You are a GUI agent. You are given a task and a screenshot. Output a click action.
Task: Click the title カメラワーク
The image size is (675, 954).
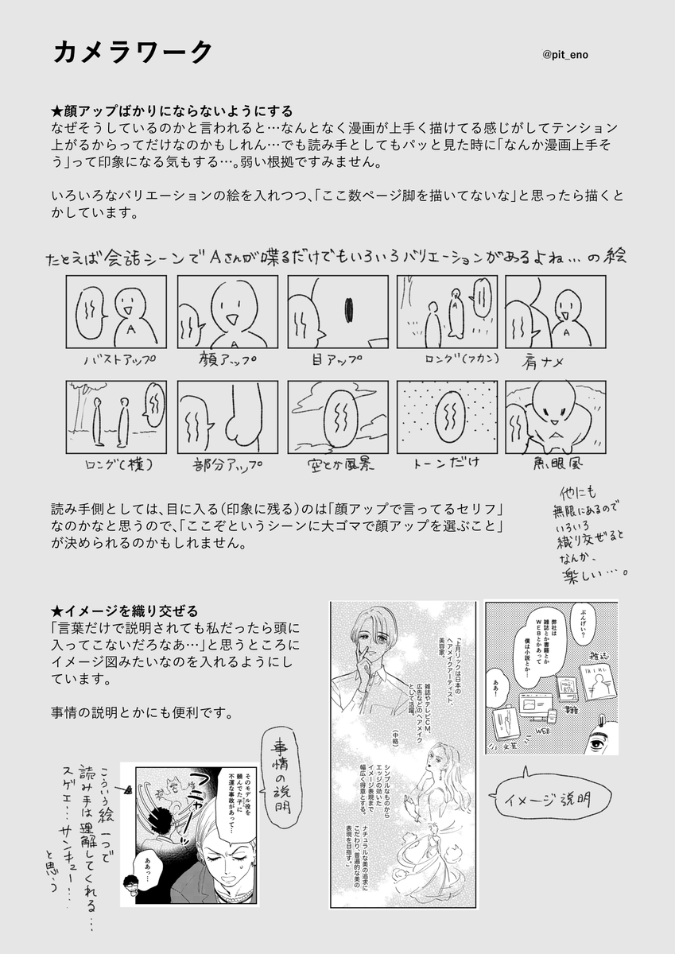[133, 52]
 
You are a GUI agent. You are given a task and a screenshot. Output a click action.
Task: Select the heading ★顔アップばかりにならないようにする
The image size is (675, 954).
[172, 111]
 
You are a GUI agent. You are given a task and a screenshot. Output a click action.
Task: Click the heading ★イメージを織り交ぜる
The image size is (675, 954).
[125, 610]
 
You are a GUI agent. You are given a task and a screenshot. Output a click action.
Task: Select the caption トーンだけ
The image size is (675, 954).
[445, 463]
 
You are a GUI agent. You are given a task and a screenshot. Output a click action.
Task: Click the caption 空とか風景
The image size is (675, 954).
[337, 463]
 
